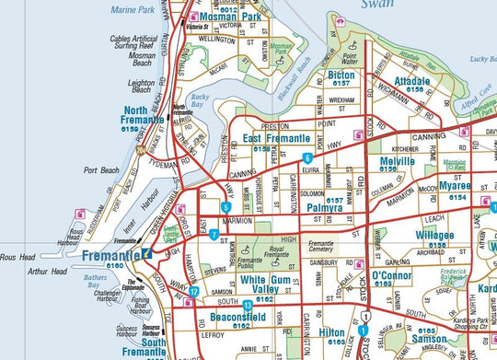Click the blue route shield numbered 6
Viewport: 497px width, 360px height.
coord(306,159)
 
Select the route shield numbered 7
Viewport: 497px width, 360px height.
coord(214,235)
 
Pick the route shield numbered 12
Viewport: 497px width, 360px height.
coord(194,292)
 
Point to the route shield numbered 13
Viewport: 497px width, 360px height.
coord(247,305)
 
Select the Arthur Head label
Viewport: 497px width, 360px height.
coord(22,272)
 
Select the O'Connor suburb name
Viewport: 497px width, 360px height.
coord(395,275)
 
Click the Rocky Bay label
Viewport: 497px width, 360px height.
coord(200,103)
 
